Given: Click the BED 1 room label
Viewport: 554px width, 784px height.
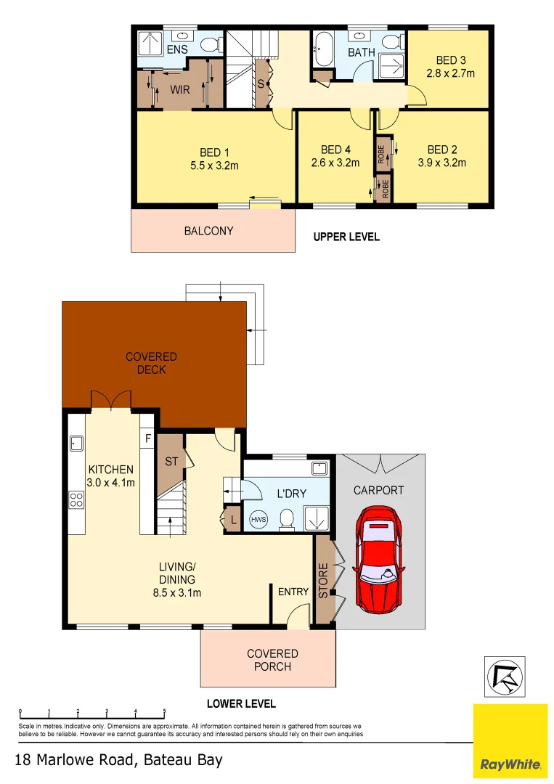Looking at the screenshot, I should click(214, 152).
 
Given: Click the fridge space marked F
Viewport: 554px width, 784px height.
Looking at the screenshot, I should click(148, 438).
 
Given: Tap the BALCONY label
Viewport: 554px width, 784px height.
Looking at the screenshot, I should click(208, 231).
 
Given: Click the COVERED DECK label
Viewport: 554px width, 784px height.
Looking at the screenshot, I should click(151, 363).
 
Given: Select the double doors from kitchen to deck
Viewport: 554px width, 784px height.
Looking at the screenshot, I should click(110, 400).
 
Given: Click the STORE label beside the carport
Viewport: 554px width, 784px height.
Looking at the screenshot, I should click(323, 581).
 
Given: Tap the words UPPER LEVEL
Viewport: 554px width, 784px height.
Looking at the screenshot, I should click(346, 237).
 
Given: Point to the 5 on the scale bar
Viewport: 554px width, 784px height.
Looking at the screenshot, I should click(164, 711).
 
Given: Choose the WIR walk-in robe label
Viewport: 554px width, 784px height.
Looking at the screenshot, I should click(180, 90).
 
